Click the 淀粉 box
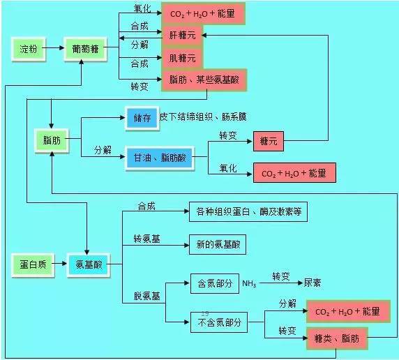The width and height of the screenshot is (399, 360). [29, 49]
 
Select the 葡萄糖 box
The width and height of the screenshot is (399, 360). [85, 49]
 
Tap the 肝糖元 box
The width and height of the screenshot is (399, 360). [182, 35]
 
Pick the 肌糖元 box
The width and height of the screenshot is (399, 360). [182, 59]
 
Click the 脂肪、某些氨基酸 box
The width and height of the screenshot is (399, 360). [204, 80]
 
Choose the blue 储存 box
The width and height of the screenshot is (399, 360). [142, 118]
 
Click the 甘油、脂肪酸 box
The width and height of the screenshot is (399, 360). [160, 158]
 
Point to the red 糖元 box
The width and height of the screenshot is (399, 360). [269, 141]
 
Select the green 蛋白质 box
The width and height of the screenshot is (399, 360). [33, 265]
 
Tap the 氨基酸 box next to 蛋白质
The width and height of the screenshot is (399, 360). [89, 265]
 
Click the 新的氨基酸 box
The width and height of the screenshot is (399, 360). [218, 244]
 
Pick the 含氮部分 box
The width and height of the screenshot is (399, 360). [215, 284]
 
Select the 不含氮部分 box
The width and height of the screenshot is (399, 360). [219, 322]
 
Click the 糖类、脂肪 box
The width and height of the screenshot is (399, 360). [337, 338]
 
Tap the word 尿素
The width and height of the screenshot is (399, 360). [313, 283]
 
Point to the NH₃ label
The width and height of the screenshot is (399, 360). [249, 284]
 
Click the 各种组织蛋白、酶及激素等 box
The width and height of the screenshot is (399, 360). [248, 211]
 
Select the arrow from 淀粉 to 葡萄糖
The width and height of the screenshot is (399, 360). [53, 47]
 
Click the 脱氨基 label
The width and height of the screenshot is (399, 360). [146, 296]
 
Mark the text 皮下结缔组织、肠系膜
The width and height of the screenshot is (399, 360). [203, 117]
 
